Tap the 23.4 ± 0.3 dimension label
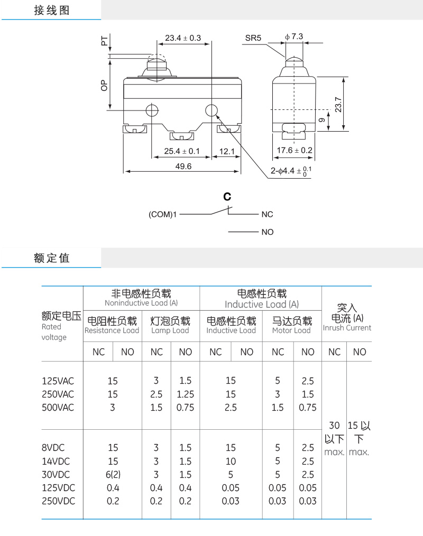pyautogui.click(x=183, y=38)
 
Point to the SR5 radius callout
pyautogui.click(x=253, y=38)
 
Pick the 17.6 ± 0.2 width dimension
pyautogui.click(x=295, y=150)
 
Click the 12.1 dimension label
pyautogui.click(x=226, y=151)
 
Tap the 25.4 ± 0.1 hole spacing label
pyautogui.click(x=181, y=151)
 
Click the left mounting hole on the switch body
pyautogui.click(x=152, y=110)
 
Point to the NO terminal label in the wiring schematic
pyautogui.click(x=268, y=232)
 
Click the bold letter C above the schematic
pyautogui.click(x=227, y=197)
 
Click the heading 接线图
pyautogui.click(x=52, y=11)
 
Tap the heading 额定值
pyautogui.click(x=52, y=258)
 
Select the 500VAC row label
pyautogui.click(x=58, y=408)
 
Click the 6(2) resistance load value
pyautogui.click(x=113, y=474)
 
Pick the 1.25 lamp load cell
pyautogui.click(x=186, y=394)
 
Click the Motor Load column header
pyautogui.click(x=291, y=326)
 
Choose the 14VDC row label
pyautogui.click(x=56, y=461)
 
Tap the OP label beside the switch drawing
pyautogui.click(x=104, y=85)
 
